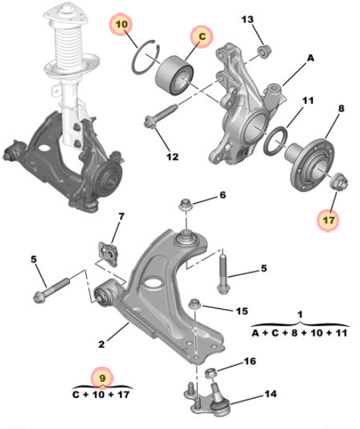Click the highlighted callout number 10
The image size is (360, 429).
[x=121, y=24]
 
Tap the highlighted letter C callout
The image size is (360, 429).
[x=202, y=37]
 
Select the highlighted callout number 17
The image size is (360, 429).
[x=328, y=220]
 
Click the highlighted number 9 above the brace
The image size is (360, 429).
[x=102, y=378]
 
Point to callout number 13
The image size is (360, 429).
[x=247, y=19]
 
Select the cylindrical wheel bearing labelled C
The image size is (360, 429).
[x=174, y=75]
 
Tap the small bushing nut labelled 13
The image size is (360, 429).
[x=264, y=52]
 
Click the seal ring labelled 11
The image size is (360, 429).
[x=275, y=141]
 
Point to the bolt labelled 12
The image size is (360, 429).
[x=161, y=116]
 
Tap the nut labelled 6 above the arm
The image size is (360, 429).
[x=186, y=204]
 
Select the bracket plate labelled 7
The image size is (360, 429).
[x=108, y=254]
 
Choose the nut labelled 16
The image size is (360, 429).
[x=211, y=373]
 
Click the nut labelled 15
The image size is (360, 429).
[x=196, y=304]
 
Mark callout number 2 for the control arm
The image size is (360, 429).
[x=102, y=344]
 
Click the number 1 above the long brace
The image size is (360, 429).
[x=300, y=314]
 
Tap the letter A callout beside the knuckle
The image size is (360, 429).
[x=311, y=58]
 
